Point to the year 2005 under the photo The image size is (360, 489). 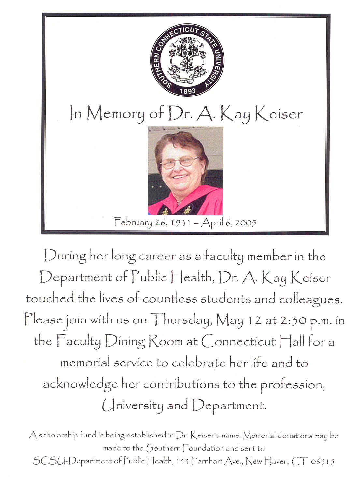point(246,223)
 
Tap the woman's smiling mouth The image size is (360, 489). point(180,177)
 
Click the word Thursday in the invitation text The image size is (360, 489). point(182,320)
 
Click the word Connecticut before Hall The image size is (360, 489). point(239,342)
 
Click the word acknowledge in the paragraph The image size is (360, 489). point(80,385)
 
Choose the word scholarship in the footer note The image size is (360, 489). point(59,435)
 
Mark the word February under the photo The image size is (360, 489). point(133,223)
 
